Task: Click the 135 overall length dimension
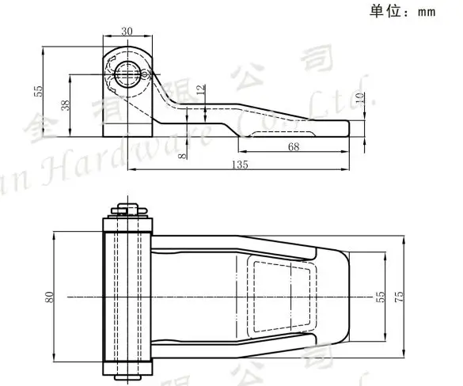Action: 240,165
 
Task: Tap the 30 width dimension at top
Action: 127,31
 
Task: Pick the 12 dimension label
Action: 200,92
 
